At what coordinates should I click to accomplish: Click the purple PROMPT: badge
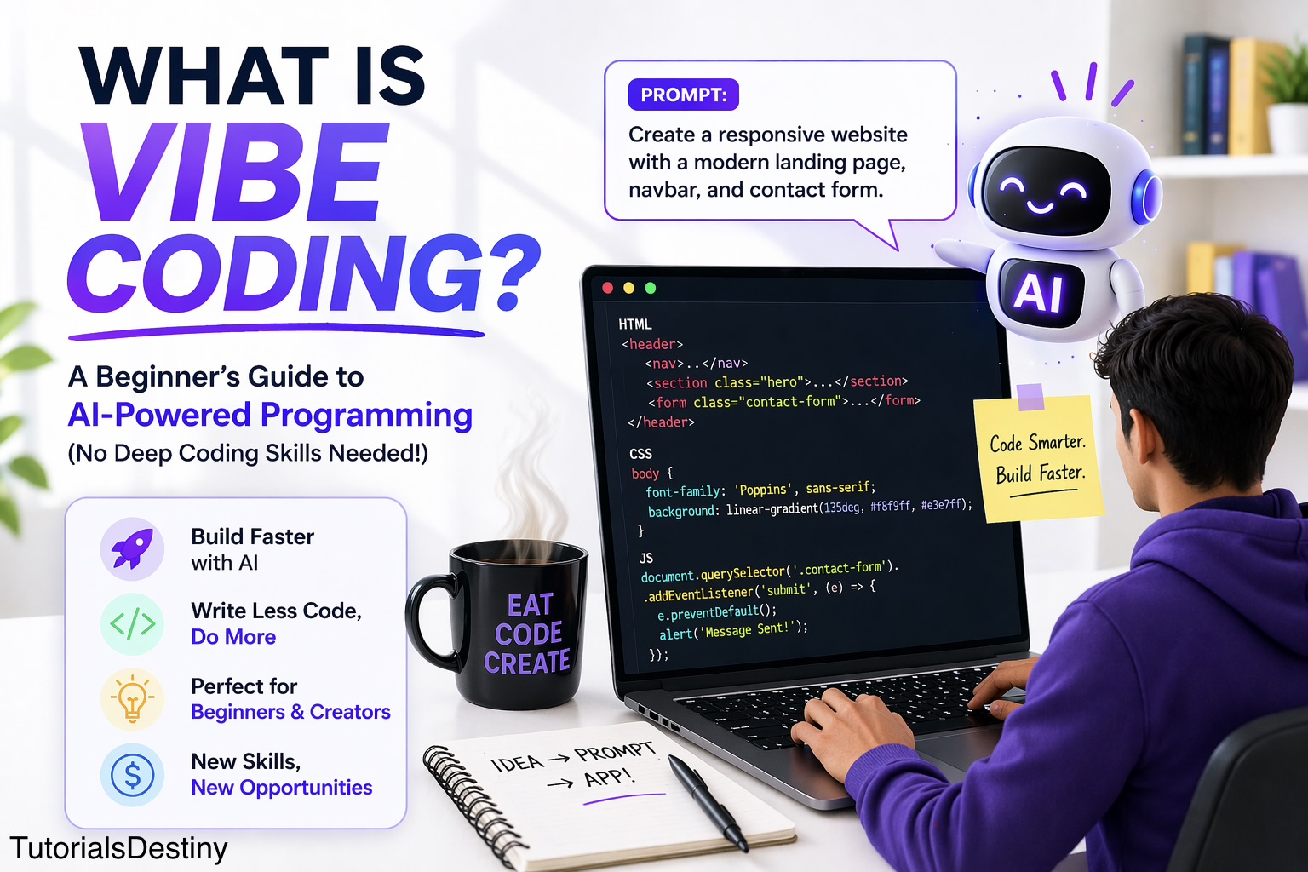click(683, 95)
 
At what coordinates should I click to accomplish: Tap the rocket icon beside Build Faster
click(132, 549)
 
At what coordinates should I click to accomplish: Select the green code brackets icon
click(132, 624)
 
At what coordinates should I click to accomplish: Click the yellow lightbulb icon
click(132, 699)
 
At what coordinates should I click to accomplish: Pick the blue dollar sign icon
click(132, 775)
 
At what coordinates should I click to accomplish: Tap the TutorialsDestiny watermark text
click(119, 848)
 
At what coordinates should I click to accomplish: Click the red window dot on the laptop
click(608, 288)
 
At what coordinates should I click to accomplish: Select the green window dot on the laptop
click(651, 288)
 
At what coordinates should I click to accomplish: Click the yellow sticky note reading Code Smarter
click(1039, 460)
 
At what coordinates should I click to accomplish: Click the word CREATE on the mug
click(527, 663)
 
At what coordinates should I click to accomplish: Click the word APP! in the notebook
click(609, 777)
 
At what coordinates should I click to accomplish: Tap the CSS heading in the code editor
click(640, 454)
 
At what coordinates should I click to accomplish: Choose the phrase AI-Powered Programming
click(270, 415)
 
